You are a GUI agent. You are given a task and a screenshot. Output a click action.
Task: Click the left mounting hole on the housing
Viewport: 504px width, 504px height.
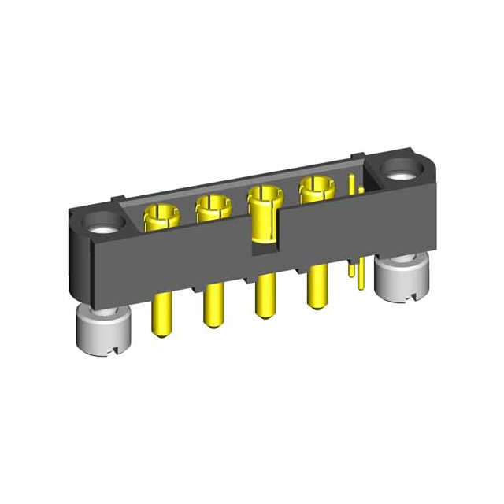tap(102, 224)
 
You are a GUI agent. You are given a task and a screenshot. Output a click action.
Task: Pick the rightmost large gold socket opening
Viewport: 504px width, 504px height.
tap(316, 188)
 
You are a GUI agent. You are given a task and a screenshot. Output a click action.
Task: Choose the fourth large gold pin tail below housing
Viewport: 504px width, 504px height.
tap(317, 287)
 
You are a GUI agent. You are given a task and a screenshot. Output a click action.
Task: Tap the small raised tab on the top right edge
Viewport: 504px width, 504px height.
tap(358, 157)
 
